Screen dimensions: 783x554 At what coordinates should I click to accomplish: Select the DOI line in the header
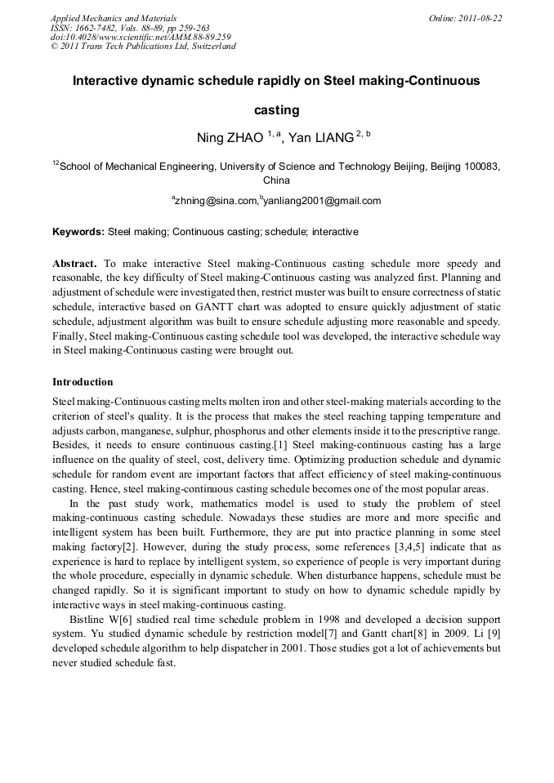pyautogui.click(x=141, y=37)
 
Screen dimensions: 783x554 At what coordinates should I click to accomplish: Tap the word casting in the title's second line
pyautogui.click(x=276, y=109)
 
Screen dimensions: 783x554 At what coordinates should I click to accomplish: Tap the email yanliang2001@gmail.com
pyautogui.click(x=322, y=201)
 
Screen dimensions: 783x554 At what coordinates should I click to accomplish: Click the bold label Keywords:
pyautogui.click(x=78, y=232)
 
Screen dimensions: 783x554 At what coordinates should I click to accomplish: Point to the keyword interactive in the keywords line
pyautogui.click(x=334, y=232)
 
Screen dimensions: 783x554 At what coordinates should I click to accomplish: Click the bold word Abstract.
pyautogui.click(x=74, y=264)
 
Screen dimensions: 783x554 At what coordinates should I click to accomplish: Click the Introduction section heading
pyautogui.click(x=83, y=382)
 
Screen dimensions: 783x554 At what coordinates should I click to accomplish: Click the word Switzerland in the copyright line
pyautogui.click(x=214, y=47)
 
